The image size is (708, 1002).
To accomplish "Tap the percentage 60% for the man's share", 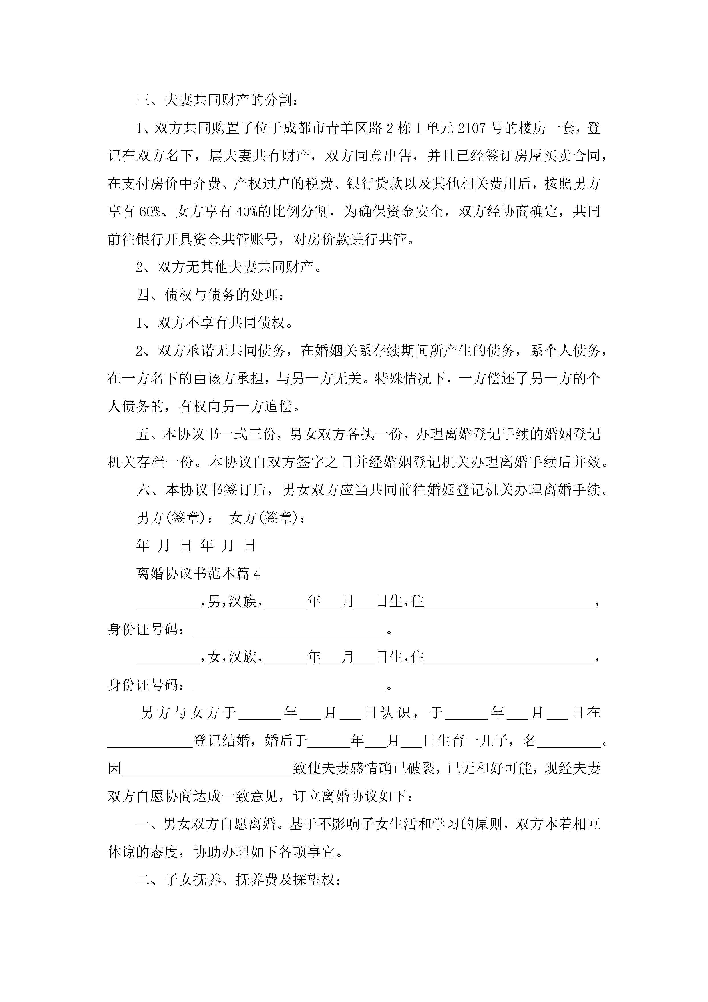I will coord(150,212).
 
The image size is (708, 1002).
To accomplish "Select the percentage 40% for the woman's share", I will coord(247,212).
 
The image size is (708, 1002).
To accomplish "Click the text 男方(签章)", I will coord(174,518).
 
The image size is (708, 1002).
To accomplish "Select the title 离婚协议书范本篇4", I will coord(198,574).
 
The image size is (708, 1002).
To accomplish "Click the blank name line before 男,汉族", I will coord(168,602).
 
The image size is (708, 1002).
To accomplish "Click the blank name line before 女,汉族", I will coord(168,658).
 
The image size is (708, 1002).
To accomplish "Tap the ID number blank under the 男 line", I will coord(289,630).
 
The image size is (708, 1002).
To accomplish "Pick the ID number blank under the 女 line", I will coord(289,686).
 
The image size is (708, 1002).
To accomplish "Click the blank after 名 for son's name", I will coord(569,741).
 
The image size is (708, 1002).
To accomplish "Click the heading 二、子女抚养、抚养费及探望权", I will coord(238,880).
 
